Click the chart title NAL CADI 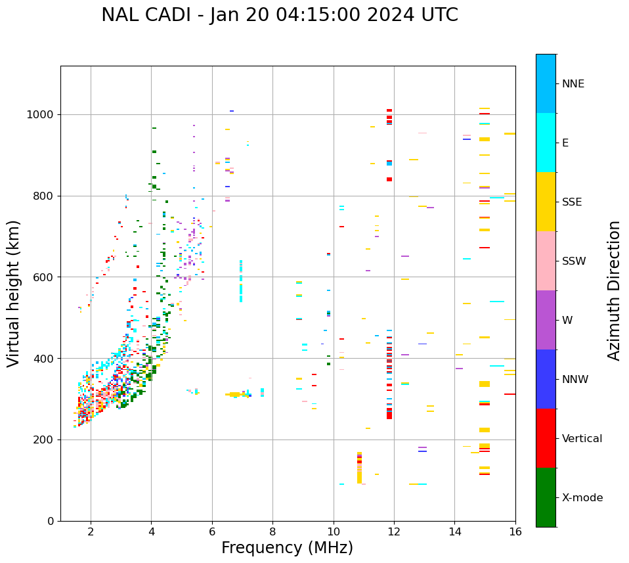coord(280,15)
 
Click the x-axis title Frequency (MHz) coord(287,548)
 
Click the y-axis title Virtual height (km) coord(14,294)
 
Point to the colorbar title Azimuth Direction coord(614,290)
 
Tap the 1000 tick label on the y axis coord(41,114)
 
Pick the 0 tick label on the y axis coord(51,521)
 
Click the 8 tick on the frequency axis coord(272,531)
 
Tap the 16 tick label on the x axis coord(515,531)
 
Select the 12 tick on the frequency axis coord(394,531)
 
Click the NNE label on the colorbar coord(573,84)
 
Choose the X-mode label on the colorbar coord(582,498)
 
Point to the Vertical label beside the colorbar coord(582,439)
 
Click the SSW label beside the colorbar coord(574,261)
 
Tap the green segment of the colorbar coord(546,497)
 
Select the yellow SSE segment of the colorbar coord(546,202)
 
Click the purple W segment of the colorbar coord(546,320)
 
